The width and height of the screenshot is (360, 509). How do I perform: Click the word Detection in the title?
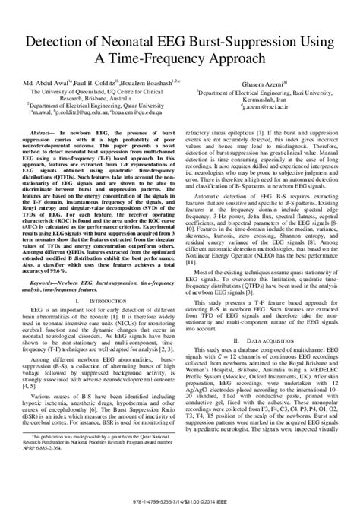coord(58,39)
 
